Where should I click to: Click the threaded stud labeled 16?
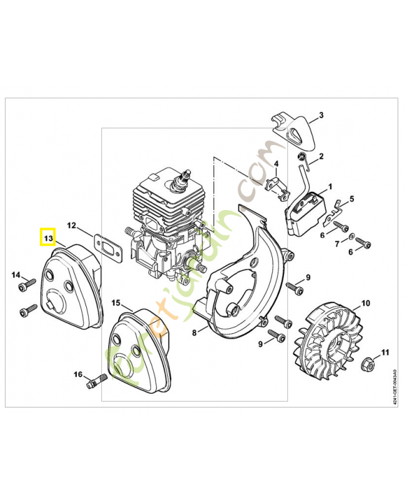[x=93, y=379]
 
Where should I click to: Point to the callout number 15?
[x=115, y=302]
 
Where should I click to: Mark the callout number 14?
[x=16, y=274]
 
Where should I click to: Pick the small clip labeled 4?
[x=275, y=184]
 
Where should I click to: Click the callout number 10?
[x=365, y=303]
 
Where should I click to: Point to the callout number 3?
[x=321, y=115]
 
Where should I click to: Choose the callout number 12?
[x=72, y=225]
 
